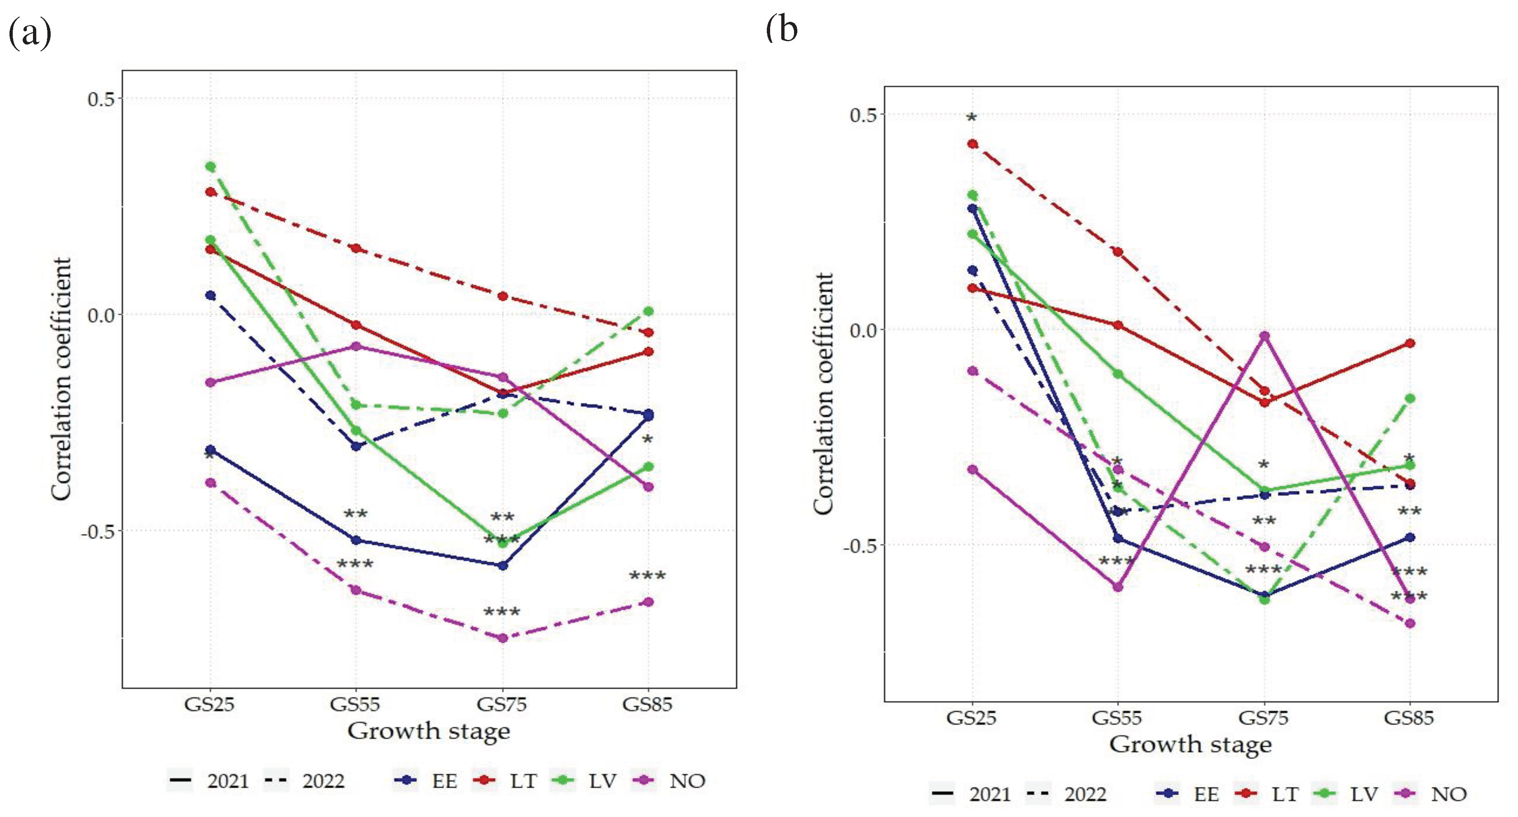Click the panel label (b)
[781, 30]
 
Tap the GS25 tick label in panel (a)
[209, 704]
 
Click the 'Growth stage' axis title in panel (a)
[429, 731]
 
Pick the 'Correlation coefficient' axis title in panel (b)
[823, 394]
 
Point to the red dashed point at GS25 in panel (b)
[973, 144]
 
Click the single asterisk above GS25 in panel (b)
[972, 118]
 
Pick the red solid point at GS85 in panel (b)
[1410, 343]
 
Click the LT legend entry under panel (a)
[523, 781]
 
